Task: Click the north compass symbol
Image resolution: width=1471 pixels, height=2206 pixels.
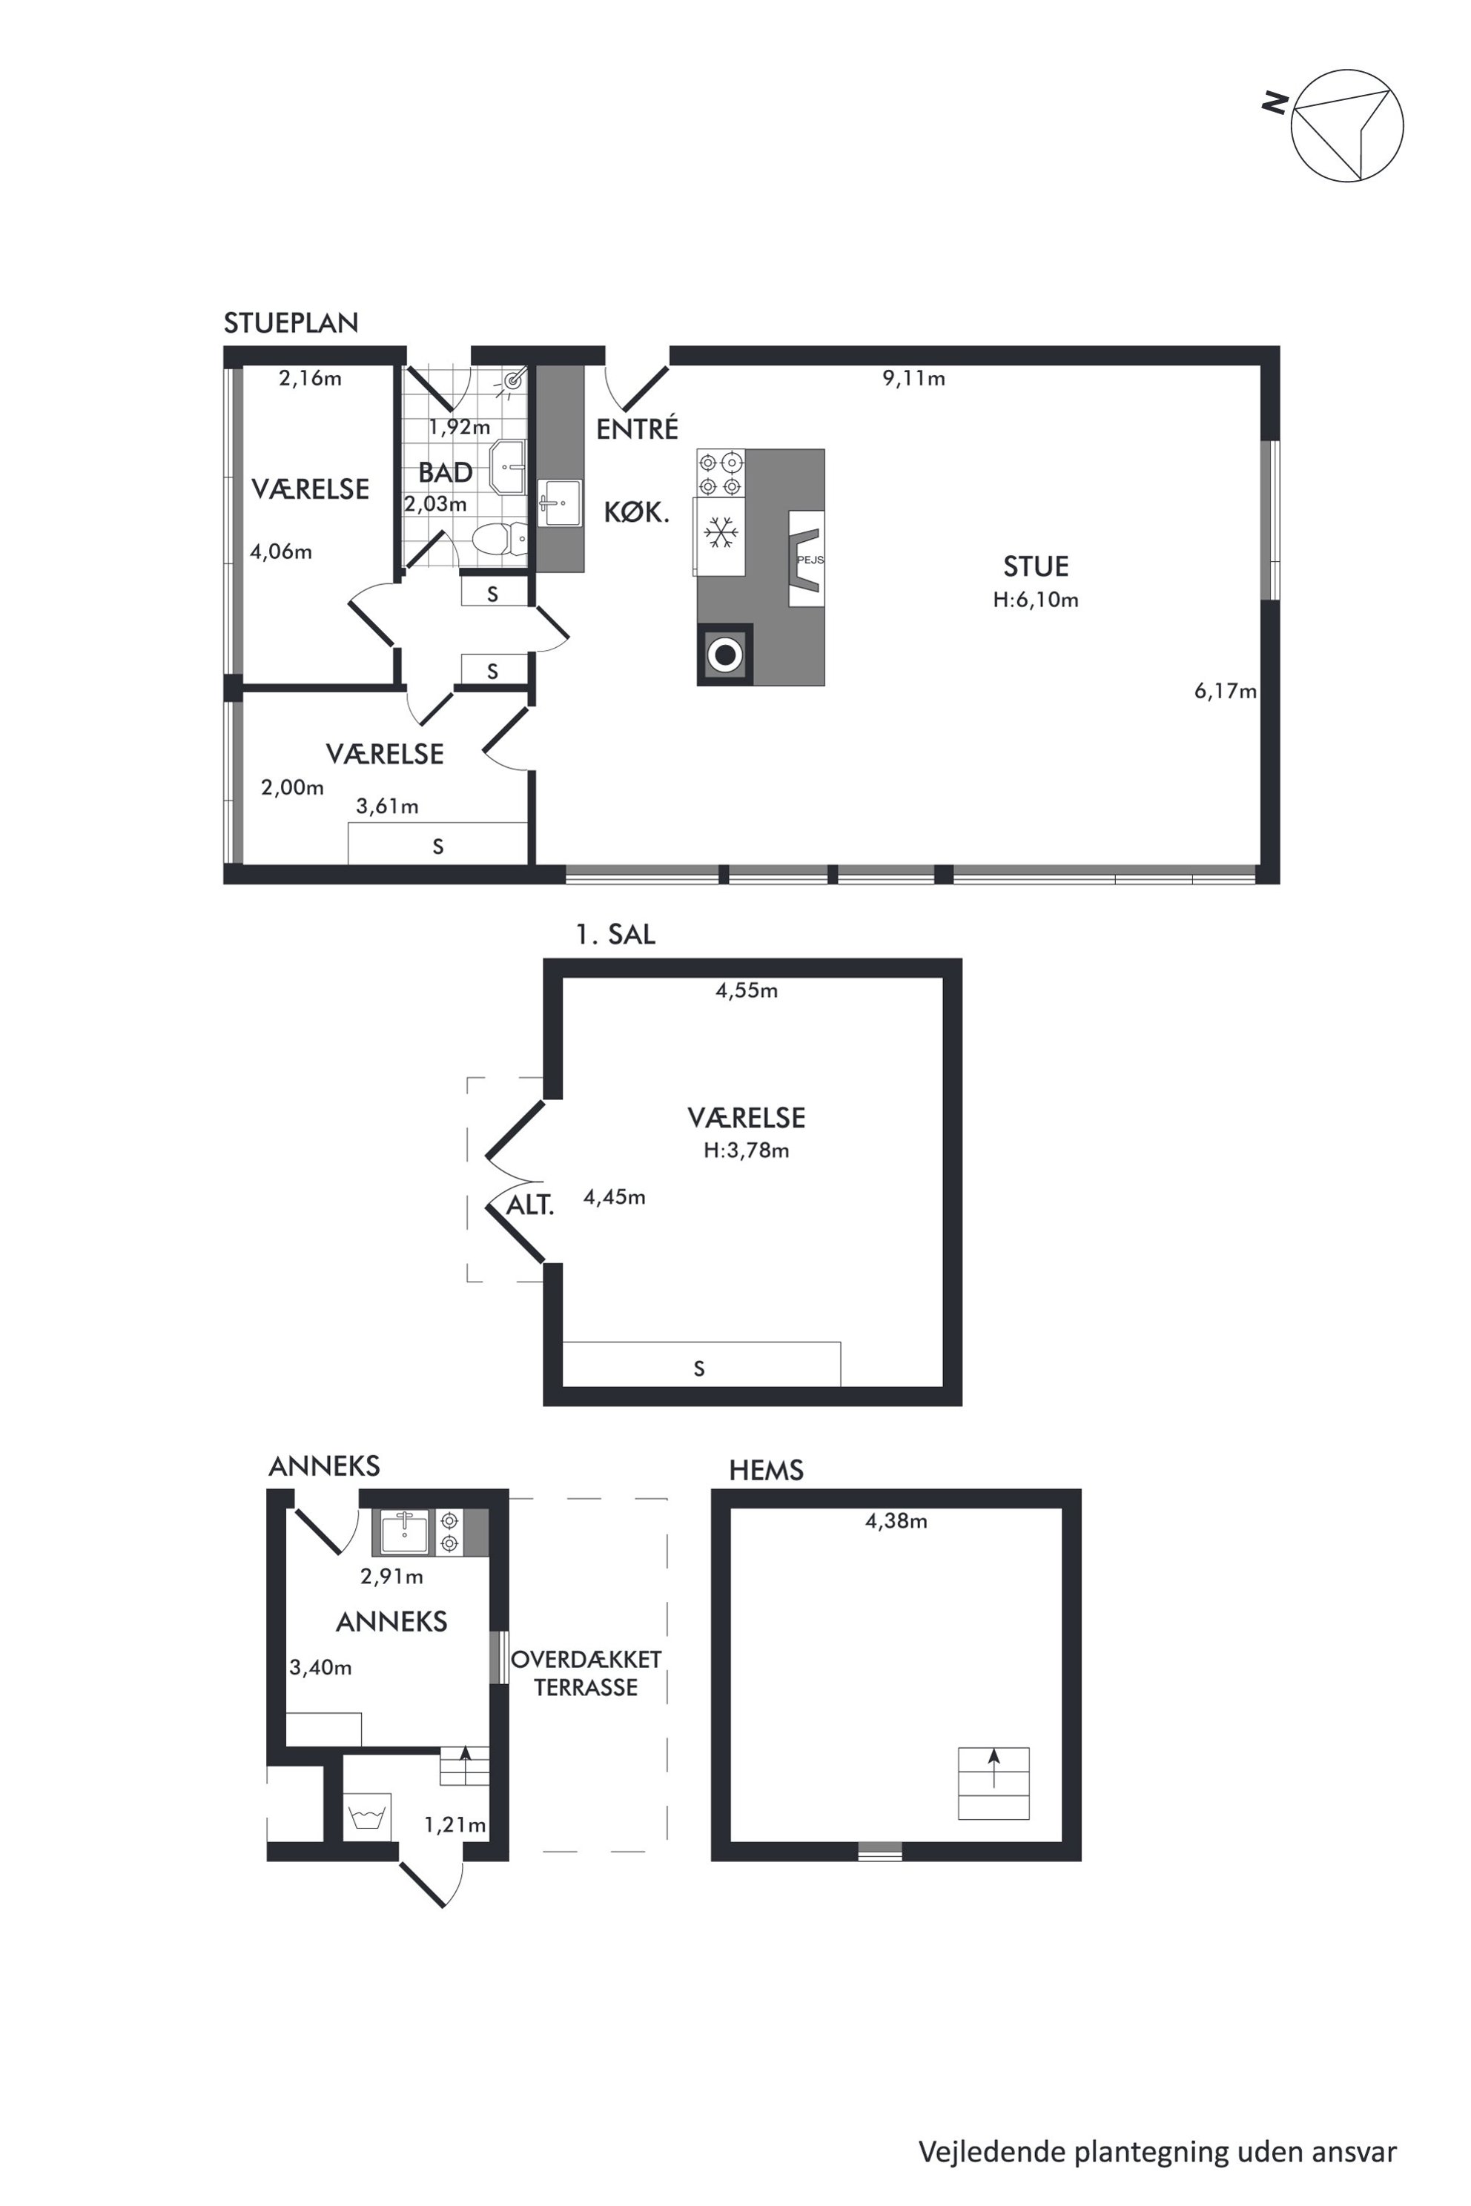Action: [x=1347, y=126]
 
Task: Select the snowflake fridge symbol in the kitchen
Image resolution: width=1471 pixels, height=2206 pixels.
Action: [x=719, y=533]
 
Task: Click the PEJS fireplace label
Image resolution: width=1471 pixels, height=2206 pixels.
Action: [x=810, y=560]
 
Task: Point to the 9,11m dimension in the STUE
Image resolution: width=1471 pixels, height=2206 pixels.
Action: [x=913, y=378]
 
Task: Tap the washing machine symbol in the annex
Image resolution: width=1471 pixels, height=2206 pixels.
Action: [x=367, y=1818]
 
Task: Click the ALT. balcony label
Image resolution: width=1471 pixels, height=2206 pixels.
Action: [x=530, y=1205]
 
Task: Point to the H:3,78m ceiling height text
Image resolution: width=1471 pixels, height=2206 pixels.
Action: [x=747, y=1151]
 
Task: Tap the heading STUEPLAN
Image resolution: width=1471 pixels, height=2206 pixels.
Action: [x=291, y=322]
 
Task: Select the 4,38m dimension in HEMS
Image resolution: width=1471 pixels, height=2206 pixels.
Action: [x=896, y=1521]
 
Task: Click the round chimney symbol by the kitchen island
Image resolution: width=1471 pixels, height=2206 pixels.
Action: [x=724, y=654]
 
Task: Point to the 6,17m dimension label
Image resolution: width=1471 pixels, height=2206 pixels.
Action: [x=1225, y=692]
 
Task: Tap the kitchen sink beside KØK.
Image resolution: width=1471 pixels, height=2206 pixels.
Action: [x=559, y=503]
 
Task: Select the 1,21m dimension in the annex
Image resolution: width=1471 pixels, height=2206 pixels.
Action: [x=455, y=1824]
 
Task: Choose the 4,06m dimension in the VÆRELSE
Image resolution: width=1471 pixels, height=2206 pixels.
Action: [x=280, y=551]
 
